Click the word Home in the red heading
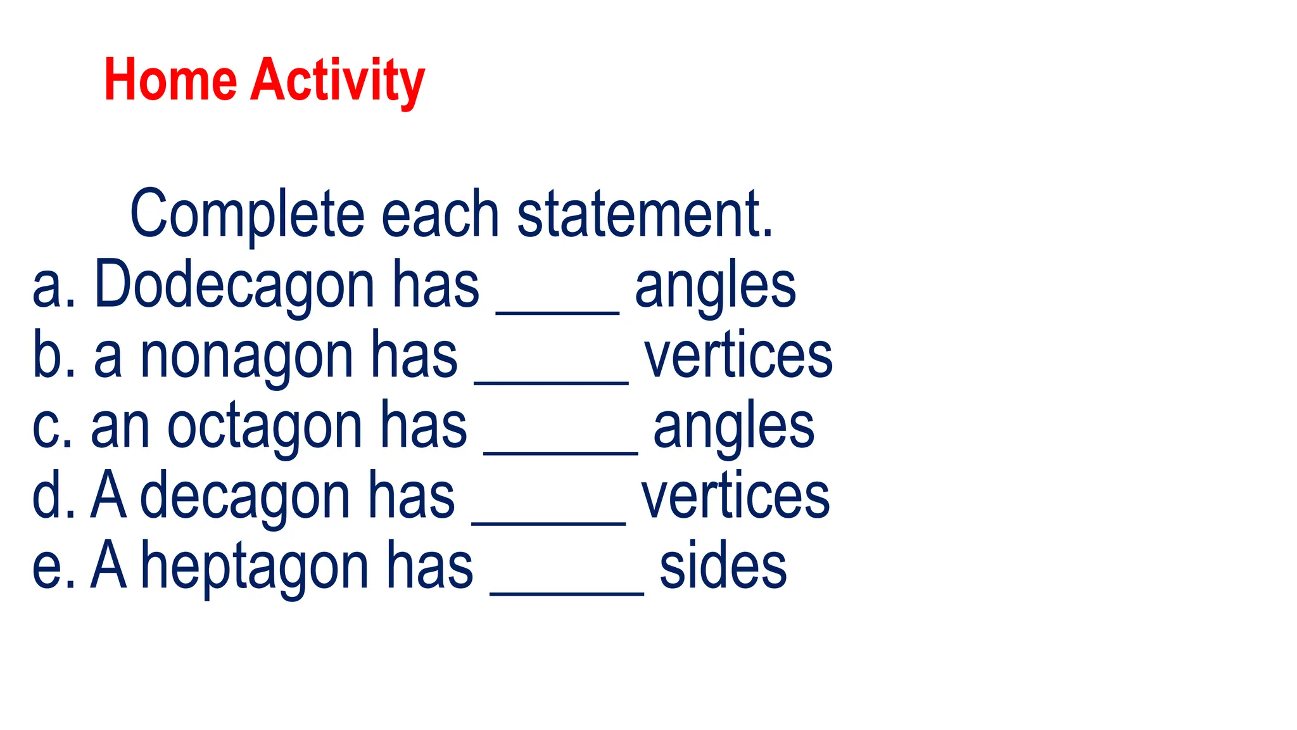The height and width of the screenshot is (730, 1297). pyautogui.click(x=170, y=80)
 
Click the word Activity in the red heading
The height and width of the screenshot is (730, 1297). pyautogui.click(x=338, y=81)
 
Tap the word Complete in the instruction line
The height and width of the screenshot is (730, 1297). pyautogui.click(x=247, y=214)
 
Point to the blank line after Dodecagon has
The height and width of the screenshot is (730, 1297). pyautogui.click(x=557, y=311)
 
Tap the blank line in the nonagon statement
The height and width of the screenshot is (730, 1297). pyautogui.click(x=551, y=381)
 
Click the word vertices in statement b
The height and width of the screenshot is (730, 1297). pyautogui.click(x=738, y=356)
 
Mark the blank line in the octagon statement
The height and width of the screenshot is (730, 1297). pyautogui.click(x=560, y=452)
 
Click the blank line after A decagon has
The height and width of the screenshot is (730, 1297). pyautogui.click(x=549, y=522)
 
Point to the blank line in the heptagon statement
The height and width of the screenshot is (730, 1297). pyautogui.click(x=567, y=592)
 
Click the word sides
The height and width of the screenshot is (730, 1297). pyautogui.click(x=723, y=567)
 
